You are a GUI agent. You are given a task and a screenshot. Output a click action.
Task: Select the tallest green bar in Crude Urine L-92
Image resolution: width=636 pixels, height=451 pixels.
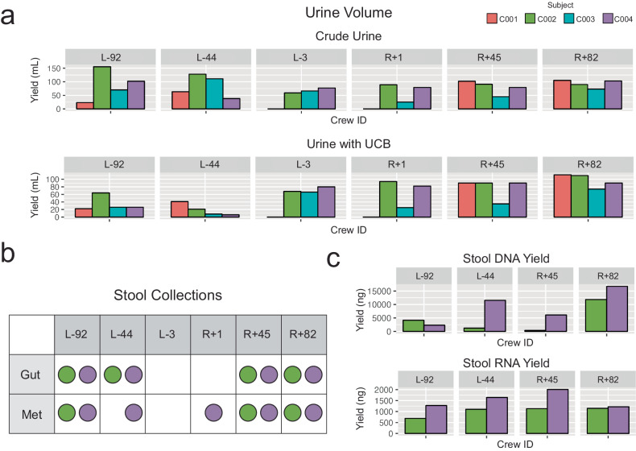coord(101,88)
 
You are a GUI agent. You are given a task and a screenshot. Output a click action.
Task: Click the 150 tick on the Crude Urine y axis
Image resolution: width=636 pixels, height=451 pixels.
coord(55,69)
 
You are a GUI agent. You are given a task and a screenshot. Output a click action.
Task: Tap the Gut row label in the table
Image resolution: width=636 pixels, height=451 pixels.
coord(31,374)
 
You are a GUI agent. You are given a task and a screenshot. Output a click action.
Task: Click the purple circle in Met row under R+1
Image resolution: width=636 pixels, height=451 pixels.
coord(213,416)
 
